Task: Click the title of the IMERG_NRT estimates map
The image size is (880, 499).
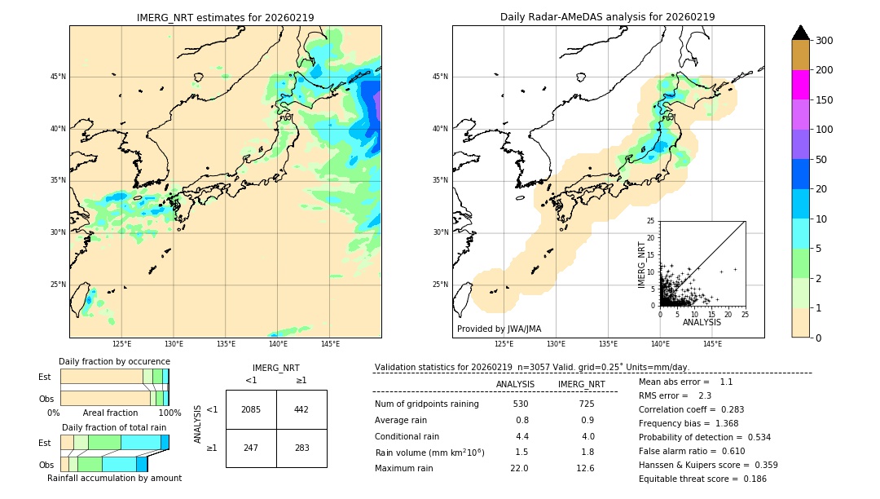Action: [225, 17]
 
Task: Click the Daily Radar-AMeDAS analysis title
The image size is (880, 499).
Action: [608, 17]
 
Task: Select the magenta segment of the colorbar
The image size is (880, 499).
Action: [800, 85]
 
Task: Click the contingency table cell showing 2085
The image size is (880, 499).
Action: [251, 409]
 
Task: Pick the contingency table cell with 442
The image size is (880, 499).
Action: [301, 409]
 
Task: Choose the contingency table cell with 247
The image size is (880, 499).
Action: [251, 448]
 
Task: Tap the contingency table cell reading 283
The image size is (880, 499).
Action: [301, 448]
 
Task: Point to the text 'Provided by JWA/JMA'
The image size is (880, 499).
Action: [499, 329]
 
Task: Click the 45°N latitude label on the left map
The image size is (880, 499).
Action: [58, 77]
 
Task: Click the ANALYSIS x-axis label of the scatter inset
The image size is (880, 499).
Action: [702, 322]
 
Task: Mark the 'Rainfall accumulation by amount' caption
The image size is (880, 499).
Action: [114, 478]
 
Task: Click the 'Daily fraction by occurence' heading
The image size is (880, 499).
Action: [114, 361]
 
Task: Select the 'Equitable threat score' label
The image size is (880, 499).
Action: [689, 479]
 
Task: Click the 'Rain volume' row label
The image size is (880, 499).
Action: [429, 453]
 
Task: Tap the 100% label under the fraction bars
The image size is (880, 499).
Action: [169, 413]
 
